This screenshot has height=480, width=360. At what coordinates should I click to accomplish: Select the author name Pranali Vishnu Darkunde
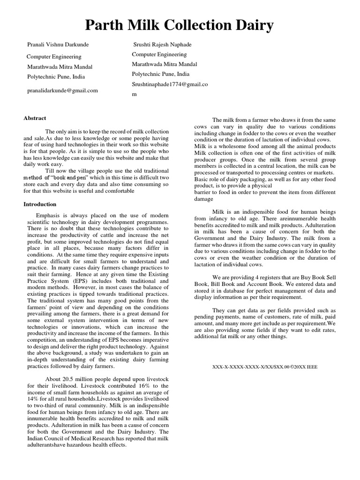(x=58, y=45)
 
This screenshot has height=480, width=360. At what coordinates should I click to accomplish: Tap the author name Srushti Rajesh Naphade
(x=162, y=45)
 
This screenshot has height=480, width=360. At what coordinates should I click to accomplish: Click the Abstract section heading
(x=35, y=118)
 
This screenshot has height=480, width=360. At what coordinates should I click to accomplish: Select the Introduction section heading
(x=40, y=204)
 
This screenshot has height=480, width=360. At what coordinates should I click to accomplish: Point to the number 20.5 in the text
(x=70, y=379)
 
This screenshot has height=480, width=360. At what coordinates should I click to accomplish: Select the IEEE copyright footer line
(x=265, y=367)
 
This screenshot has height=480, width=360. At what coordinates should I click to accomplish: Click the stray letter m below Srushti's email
(x=134, y=94)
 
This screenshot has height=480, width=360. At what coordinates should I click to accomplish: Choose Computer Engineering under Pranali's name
(x=54, y=56)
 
